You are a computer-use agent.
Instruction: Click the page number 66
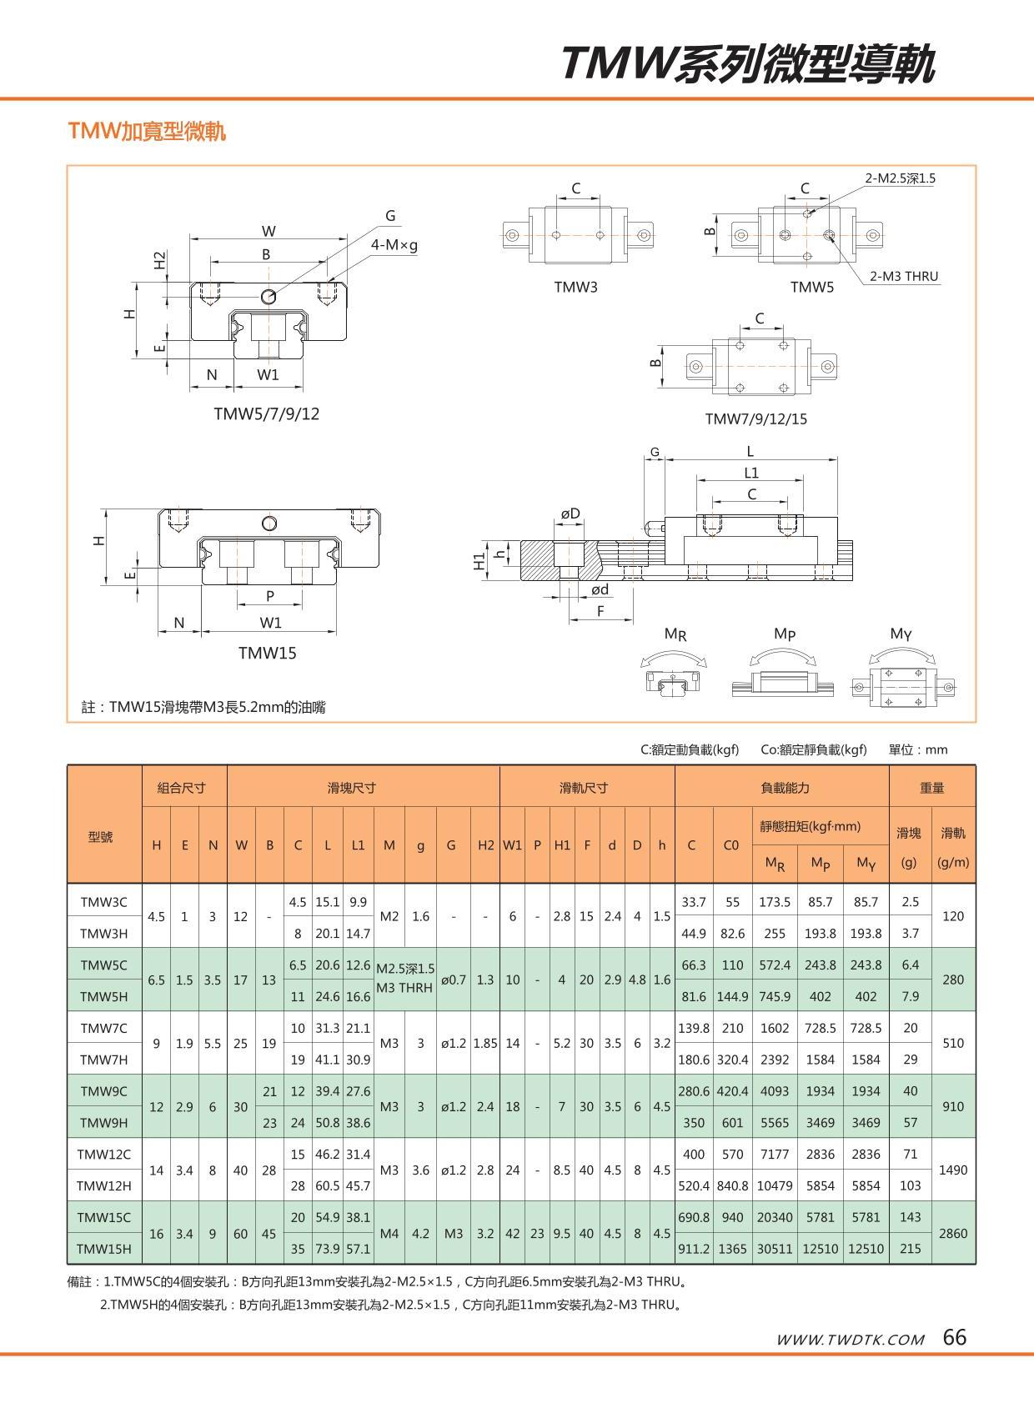pyautogui.click(x=955, y=1337)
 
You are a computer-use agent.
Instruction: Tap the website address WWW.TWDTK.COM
pyautogui.click(x=850, y=1340)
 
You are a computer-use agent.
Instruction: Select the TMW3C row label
pyautogui.click(x=104, y=901)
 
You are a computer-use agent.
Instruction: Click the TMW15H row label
pyautogui.click(x=104, y=1248)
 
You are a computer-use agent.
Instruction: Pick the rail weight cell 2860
pyautogui.click(x=953, y=1232)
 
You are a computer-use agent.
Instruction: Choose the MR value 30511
pyautogui.click(x=775, y=1248)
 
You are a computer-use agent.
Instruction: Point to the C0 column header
pyautogui.click(x=731, y=844)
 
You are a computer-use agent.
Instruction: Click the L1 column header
pyautogui.click(x=358, y=844)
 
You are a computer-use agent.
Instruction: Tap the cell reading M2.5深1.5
pyautogui.click(x=405, y=968)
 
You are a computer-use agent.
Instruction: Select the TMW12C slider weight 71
pyautogui.click(x=910, y=1154)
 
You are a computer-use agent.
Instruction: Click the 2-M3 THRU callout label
pyautogui.click(x=904, y=276)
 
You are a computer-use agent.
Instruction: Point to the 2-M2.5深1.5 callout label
pyautogui.click(x=900, y=178)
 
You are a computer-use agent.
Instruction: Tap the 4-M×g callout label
pyautogui.click(x=394, y=245)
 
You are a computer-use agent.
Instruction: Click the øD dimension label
pyautogui.click(x=570, y=514)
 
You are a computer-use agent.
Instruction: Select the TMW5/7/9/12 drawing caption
pyautogui.click(x=267, y=413)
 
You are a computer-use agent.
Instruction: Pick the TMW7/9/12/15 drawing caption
pyautogui.click(x=756, y=418)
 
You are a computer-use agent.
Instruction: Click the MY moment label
pyautogui.click(x=901, y=634)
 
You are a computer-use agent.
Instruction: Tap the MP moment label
pyautogui.click(x=785, y=634)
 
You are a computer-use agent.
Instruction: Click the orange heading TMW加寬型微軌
pyautogui.click(x=147, y=131)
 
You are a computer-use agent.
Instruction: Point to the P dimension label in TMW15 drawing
pyautogui.click(x=270, y=595)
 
